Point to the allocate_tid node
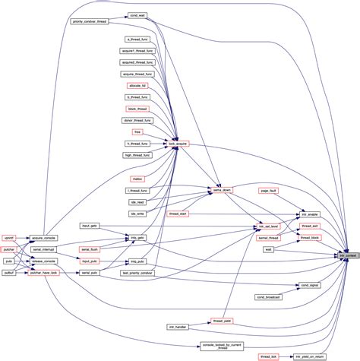coord(137,86)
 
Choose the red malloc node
coord(137,179)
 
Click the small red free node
coord(137,131)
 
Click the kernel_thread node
coord(269,238)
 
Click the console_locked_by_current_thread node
coord(223,347)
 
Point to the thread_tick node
coord(269,356)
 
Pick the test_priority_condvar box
coord(137,272)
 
